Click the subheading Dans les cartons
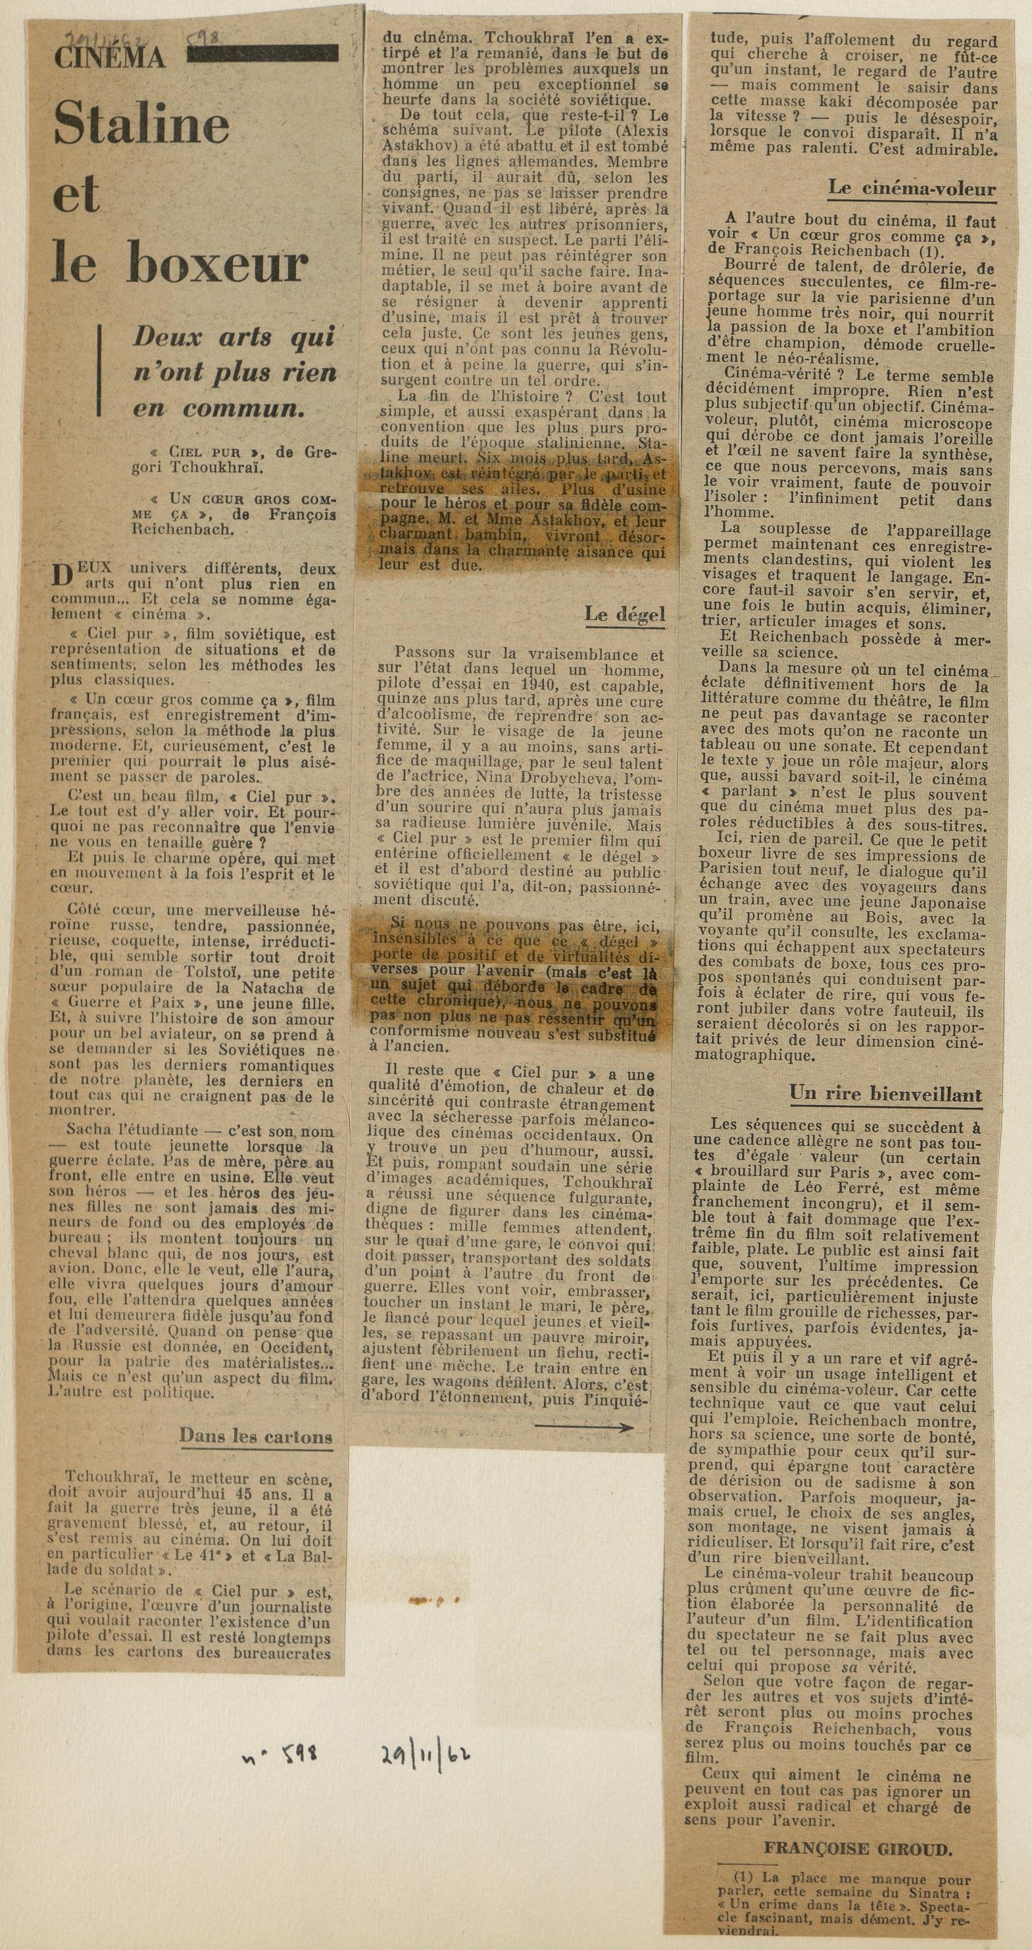[256, 907]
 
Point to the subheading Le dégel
[625, 615]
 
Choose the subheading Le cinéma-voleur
[912, 189]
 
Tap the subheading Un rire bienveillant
[885, 1095]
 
